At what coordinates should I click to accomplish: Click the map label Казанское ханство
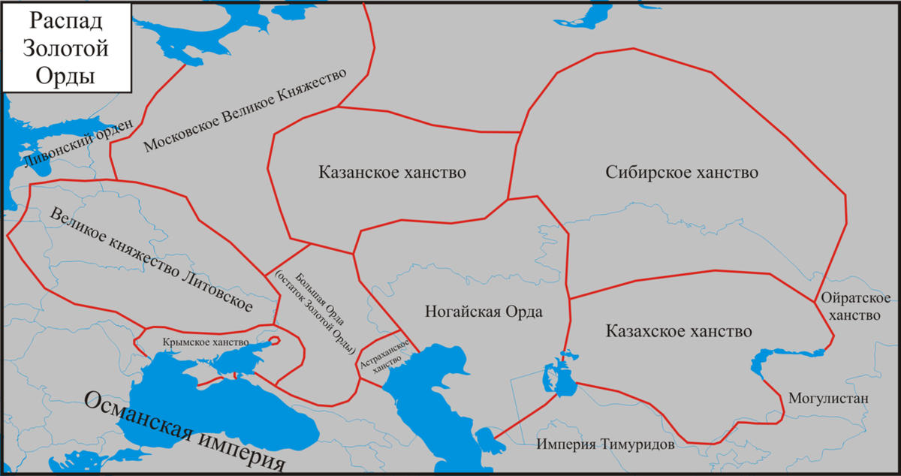click(392, 172)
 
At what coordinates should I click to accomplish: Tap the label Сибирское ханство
click(681, 172)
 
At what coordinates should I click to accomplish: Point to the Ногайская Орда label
click(483, 312)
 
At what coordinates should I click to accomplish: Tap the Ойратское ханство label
click(856, 306)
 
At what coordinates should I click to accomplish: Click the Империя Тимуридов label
click(605, 444)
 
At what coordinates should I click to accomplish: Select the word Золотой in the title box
click(57, 49)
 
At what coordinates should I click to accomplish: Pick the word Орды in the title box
click(57, 77)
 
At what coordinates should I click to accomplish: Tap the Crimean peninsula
click(218, 368)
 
